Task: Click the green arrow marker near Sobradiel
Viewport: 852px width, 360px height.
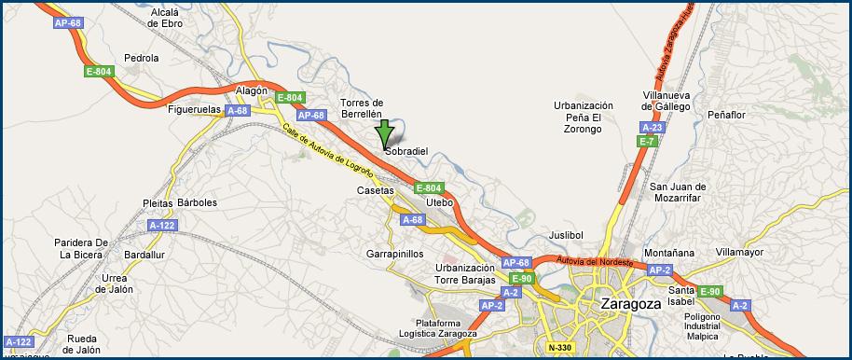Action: click(x=383, y=134)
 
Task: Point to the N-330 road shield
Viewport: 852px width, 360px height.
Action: click(x=560, y=348)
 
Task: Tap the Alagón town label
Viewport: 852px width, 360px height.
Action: click(x=252, y=90)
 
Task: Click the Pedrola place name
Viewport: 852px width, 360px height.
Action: click(x=142, y=57)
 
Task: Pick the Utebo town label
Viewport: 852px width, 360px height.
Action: click(x=439, y=201)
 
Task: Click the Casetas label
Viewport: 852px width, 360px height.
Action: click(x=375, y=190)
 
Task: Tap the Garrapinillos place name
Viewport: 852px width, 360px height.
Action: click(x=395, y=253)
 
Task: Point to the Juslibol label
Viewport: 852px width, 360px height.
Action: click(x=566, y=234)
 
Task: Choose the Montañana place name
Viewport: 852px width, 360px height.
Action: click(x=669, y=252)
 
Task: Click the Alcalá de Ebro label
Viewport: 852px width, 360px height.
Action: click(x=166, y=17)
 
